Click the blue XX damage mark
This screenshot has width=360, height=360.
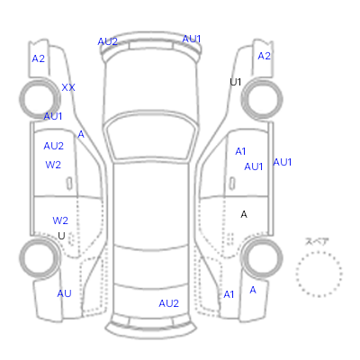click(x=68, y=87)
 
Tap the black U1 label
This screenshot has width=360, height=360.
click(x=236, y=82)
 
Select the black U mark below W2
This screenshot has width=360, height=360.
click(x=61, y=236)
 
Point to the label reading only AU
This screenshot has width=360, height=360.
click(x=64, y=293)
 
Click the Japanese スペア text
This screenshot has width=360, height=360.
click(x=317, y=241)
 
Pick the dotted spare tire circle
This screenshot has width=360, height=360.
click(x=319, y=251)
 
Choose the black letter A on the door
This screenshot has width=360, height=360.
click(x=244, y=214)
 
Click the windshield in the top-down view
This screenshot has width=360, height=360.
click(x=152, y=135)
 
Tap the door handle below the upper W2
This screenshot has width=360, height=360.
click(x=69, y=184)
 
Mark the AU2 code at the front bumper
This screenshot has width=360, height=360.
click(x=107, y=41)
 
